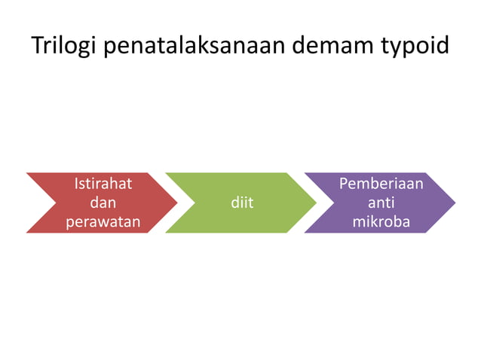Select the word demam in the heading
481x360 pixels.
pos(338,46)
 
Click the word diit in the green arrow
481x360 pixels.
pos(242,203)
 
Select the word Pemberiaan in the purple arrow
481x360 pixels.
pos(381,183)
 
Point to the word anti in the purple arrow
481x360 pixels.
pos(381,203)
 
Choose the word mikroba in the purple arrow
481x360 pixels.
pos(381,223)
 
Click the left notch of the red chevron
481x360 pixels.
pos(55,203)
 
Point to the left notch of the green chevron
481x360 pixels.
pos(195,203)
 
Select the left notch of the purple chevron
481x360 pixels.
pos(333,203)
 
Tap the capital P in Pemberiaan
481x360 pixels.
pos(345,183)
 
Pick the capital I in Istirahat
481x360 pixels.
pos(77,183)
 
